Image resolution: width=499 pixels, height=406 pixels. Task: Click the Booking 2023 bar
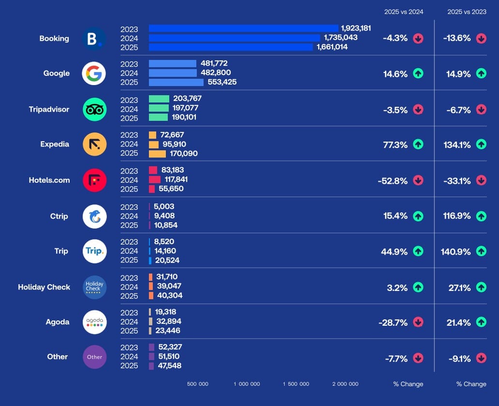coord(243,29)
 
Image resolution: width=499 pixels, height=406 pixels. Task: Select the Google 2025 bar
coord(176,82)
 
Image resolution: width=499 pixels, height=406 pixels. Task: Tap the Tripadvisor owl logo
coord(94,109)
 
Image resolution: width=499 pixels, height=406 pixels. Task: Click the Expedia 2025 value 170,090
coord(184,154)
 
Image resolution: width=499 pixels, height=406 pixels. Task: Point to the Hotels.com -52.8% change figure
coord(393,181)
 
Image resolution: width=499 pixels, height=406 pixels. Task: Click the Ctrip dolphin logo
coord(94,216)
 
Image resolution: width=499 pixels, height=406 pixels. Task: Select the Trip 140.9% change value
coord(455,251)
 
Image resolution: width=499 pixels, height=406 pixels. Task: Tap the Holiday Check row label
coord(44,287)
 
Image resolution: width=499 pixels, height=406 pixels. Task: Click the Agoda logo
coord(94,322)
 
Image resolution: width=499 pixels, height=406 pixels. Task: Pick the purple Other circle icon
coord(94,357)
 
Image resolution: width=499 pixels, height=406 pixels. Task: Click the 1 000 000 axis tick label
coord(247,384)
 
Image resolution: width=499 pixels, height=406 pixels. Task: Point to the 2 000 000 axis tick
coord(345,384)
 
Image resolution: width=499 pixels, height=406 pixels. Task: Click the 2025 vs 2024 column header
coord(404,12)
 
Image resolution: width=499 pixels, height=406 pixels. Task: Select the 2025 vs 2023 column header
coord(467,12)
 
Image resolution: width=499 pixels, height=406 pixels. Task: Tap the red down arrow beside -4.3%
coord(418,39)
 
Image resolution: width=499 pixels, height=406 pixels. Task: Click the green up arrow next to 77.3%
coord(418,145)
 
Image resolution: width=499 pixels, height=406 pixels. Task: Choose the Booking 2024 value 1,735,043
coord(341,38)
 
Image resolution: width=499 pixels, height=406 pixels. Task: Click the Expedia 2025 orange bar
coord(157,154)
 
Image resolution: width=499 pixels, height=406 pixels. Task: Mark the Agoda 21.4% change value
coord(458,322)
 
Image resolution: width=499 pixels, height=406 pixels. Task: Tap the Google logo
coord(94,73)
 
